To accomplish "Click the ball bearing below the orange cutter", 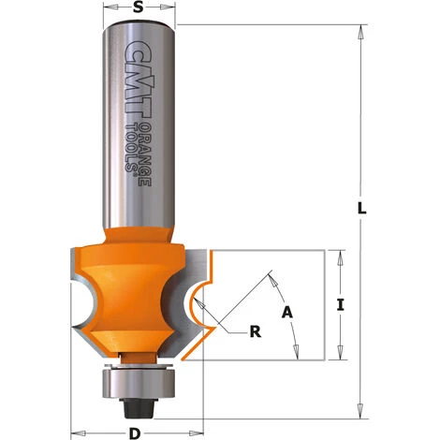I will pyautogui.click(x=135, y=380).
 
